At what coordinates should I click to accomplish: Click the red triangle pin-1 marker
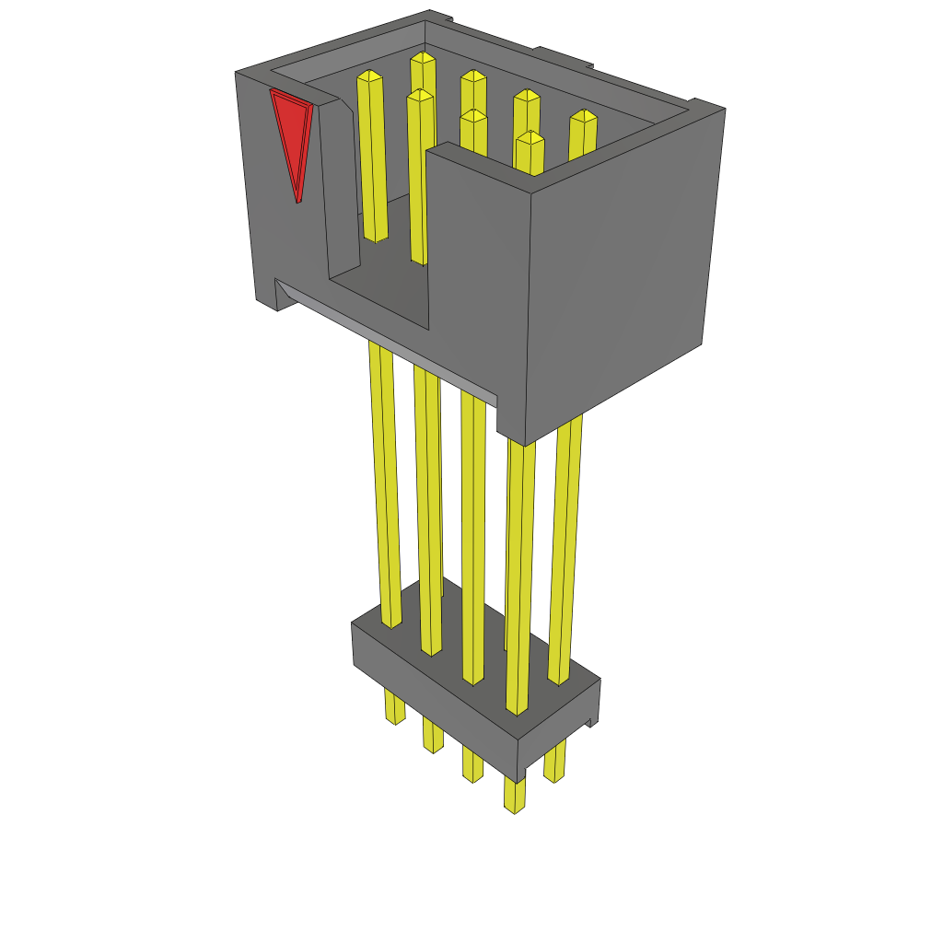(292, 134)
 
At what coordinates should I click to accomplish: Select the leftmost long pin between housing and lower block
(385, 479)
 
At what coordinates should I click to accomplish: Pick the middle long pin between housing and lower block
(472, 534)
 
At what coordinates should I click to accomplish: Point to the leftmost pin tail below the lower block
(394, 707)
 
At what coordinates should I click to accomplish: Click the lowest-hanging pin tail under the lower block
(515, 796)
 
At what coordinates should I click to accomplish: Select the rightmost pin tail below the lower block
(554, 764)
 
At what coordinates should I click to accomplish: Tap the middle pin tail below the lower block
(472, 764)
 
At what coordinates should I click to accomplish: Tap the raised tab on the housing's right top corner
(709, 103)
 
